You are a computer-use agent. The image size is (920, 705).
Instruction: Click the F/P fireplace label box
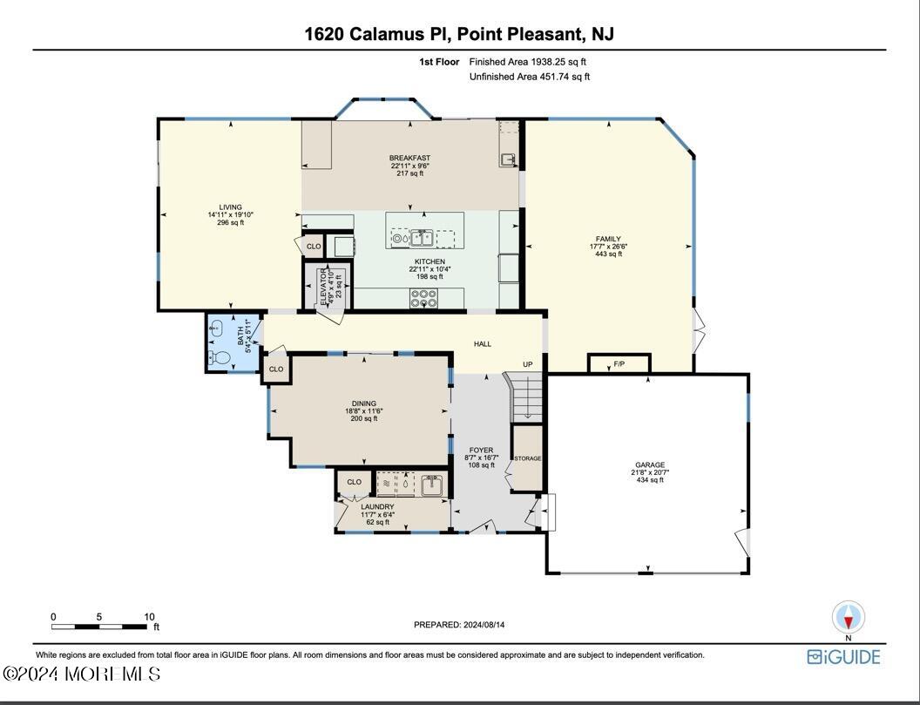click(619, 363)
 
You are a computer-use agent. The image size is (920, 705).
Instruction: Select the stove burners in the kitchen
click(423, 298)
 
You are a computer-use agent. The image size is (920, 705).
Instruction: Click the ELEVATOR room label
click(322, 283)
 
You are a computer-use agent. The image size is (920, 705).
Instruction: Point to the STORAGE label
click(527, 458)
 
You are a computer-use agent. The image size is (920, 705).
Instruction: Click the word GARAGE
click(649, 465)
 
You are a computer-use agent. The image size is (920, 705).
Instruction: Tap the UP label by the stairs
click(527, 364)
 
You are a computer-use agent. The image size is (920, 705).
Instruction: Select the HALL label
click(483, 344)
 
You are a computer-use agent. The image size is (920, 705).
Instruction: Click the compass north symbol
click(849, 617)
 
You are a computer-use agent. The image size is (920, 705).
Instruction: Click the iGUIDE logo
click(843, 657)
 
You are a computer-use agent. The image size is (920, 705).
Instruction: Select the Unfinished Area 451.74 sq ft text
click(529, 77)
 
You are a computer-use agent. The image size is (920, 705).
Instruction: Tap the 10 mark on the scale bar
click(149, 616)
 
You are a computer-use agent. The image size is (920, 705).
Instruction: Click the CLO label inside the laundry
click(355, 482)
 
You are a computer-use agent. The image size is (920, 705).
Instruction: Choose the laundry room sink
click(431, 484)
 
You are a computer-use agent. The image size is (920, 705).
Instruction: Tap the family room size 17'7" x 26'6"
click(608, 247)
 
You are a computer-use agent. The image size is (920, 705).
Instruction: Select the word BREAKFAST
click(409, 159)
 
